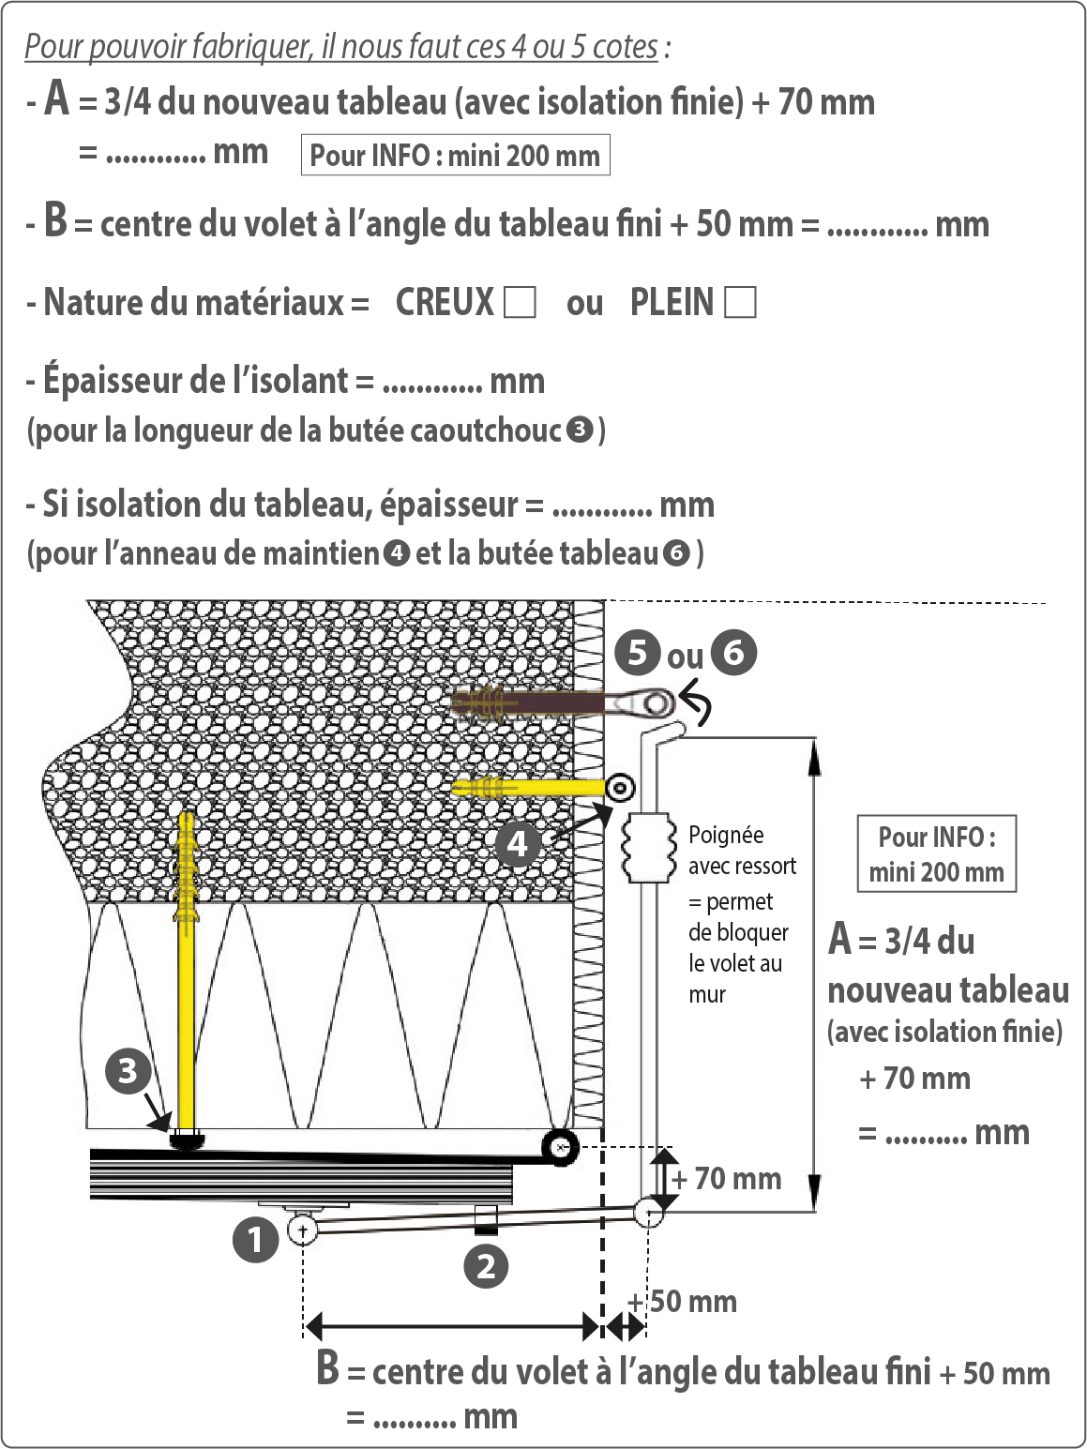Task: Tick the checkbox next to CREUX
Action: coord(520,302)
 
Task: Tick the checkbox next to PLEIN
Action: coord(740,302)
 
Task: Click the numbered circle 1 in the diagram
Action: coord(255,1240)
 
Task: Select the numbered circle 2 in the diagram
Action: coord(486,1266)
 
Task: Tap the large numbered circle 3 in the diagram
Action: coord(128,1071)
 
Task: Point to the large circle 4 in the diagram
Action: coord(518,844)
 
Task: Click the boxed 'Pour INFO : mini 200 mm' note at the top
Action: coord(455,155)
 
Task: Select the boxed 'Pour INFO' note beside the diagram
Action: coord(936,853)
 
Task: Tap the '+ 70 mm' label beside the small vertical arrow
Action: coord(728,1178)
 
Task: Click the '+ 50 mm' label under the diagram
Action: coord(684,1302)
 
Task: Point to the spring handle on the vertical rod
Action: coord(648,848)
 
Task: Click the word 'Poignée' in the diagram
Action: coord(726,835)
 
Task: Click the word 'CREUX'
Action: coord(445,302)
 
